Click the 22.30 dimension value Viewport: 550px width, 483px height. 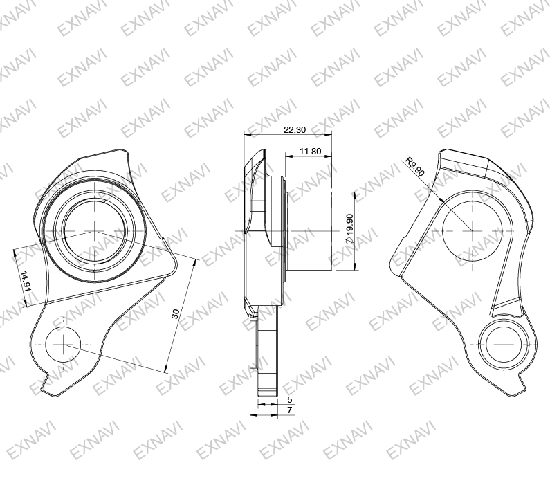[x=295, y=130]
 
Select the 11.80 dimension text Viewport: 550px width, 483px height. [x=309, y=151]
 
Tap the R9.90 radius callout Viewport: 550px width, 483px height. [x=416, y=168]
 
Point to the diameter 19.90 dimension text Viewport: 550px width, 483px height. [x=349, y=228]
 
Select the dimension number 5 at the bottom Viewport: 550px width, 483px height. [x=289, y=400]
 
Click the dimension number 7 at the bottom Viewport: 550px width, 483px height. [x=289, y=410]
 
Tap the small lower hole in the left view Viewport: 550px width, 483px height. [x=64, y=343]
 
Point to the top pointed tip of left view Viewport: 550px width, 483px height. [x=127, y=150]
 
